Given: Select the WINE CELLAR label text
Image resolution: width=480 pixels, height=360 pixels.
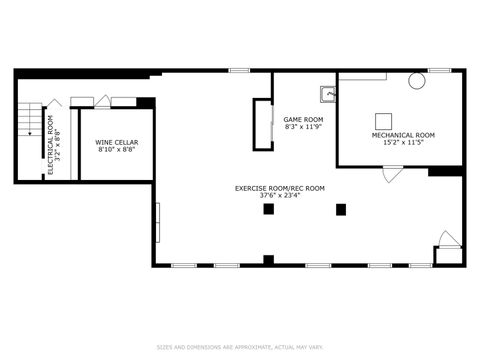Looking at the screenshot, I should point(117,143).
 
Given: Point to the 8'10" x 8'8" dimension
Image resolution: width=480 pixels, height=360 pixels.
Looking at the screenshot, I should point(117,150).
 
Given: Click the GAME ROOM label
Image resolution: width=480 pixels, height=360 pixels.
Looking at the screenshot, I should point(303,119).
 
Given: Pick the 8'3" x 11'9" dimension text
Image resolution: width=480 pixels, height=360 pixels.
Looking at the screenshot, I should point(303,127).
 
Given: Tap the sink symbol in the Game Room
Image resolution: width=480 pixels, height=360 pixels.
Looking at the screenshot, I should point(327,95).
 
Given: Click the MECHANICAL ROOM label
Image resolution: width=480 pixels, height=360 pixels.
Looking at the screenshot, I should point(403,135).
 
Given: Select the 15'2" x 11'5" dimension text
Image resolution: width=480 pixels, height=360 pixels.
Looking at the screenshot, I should point(403,142).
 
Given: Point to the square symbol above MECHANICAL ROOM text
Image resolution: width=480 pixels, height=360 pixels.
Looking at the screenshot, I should point(384,116).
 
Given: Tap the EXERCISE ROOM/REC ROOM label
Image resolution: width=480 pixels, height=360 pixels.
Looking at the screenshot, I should point(280,188).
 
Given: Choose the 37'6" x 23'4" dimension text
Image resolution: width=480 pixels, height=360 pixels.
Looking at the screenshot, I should point(280,196).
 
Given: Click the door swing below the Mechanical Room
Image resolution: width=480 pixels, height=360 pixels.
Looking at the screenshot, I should point(393,174).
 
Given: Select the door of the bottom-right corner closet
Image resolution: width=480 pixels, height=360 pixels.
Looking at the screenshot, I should point(449,239).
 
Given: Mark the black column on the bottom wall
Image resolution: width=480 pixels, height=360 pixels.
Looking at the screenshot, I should point(268,260).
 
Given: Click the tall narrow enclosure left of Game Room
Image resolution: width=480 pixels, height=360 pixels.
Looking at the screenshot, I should point(263,124).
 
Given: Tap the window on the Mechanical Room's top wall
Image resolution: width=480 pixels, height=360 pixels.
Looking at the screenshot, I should point(439,70).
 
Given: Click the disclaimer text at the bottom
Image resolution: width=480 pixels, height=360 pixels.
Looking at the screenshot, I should point(240,348).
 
